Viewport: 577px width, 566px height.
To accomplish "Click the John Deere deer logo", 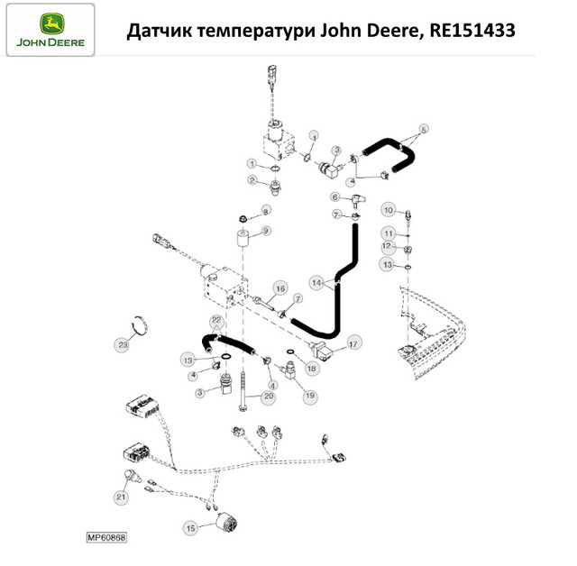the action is click(x=52, y=24).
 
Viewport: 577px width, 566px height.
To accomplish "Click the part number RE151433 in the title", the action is click(x=472, y=30).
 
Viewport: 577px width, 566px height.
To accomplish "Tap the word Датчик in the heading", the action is click(x=160, y=31).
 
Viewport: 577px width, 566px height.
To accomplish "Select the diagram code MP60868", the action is click(x=106, y=538).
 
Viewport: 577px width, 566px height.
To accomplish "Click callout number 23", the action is click(x=123, y=344).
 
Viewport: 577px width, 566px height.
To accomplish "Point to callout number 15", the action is click(x=190, y=528).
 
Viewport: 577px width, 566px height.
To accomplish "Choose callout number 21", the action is click(x=121, y=498).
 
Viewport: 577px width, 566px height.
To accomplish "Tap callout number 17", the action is click(x=353, y=344).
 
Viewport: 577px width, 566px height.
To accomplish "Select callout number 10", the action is click(x=389, y=210).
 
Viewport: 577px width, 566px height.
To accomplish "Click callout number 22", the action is click(x=216, y=320).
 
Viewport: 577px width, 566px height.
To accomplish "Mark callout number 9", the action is click(x=266, y=231).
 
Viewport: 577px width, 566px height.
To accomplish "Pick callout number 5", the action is click(x=424, y=130).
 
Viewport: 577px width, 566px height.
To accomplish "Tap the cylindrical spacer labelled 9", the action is click(x=243, y=239).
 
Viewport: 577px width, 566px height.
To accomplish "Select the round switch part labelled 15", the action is click(x=225, y=522).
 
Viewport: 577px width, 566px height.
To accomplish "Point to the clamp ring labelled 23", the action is click(x=142, y=325).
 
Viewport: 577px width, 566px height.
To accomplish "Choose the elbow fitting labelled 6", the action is click(x=357, y=200).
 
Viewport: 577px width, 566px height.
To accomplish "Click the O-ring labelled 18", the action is click(x=290, y=352).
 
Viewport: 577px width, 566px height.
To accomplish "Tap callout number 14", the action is click(x=316, y=283).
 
